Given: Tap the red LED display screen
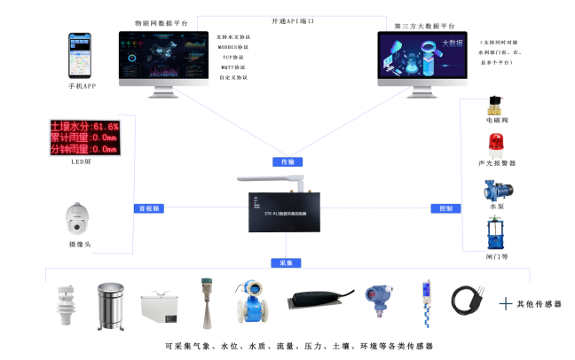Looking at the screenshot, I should (83, 137).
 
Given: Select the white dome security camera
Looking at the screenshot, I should (79, 218).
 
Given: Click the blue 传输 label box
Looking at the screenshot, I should (287, 162).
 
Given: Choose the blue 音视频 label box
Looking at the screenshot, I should (147, 208).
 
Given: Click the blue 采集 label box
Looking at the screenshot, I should (287, 263).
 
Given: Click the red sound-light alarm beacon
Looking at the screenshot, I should (496, 145).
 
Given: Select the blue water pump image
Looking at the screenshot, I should (495, 190).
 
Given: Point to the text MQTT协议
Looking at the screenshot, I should (232, 67).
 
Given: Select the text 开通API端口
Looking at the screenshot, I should (293, 20).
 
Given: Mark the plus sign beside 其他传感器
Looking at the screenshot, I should (506, 303).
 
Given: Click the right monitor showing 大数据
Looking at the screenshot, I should (423, 59).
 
